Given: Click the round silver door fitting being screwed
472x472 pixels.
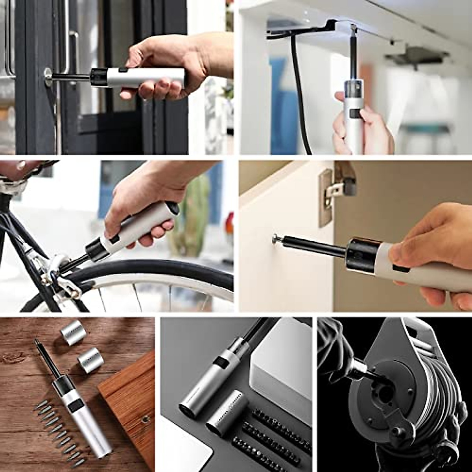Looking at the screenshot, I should [x=48, y=77].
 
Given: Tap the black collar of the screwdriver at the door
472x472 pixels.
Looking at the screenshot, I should [x=99, y=77].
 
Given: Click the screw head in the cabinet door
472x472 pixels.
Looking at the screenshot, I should [x=276, y=238].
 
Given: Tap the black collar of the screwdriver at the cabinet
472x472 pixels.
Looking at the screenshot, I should [x=360, y=255].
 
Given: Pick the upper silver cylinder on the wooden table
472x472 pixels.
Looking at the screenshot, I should [x=73, y=332].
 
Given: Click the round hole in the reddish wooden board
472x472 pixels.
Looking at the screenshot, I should [x=146, y=419].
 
